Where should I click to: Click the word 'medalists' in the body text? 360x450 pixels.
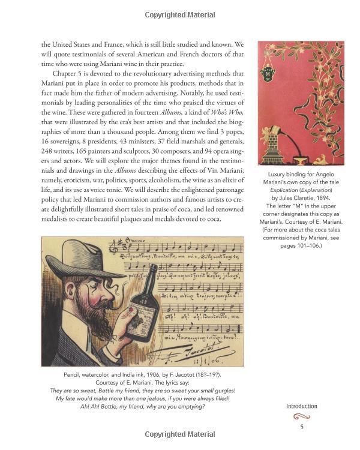pos(59,218)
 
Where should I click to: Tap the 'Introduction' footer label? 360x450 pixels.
pos(301,406)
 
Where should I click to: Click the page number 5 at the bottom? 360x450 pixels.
pos(302,427)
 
